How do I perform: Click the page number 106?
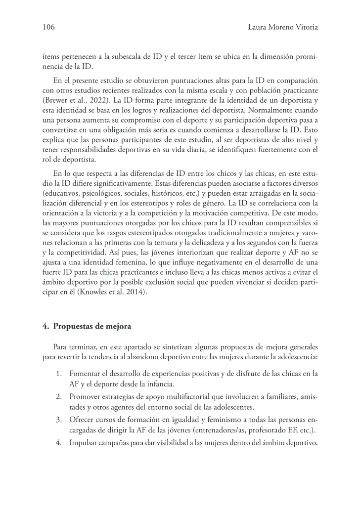tap(48, 28)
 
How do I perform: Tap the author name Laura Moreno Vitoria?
tap(282, 28)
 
